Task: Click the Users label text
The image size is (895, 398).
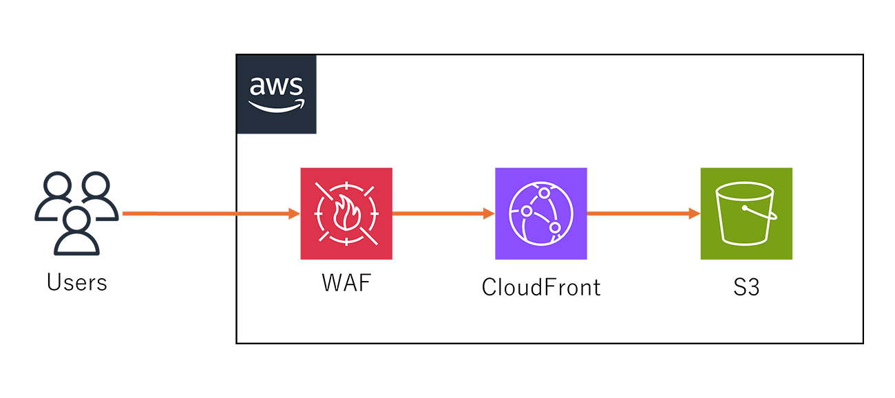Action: click(77, 282)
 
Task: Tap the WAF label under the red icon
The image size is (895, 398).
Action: click(346, 284)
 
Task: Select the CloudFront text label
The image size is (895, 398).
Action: click(541, 286)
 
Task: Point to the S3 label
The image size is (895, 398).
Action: click(746, 286)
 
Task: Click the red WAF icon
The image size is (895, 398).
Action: click(346, 213)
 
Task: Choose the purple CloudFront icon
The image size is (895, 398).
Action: click(541, 213)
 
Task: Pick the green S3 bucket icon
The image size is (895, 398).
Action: click(746, 213)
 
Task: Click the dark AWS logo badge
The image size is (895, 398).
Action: click(276, 94)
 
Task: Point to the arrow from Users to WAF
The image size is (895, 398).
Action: click(207, 213)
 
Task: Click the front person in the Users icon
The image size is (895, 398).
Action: click(76, 231)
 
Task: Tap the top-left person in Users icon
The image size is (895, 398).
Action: click(56, 196)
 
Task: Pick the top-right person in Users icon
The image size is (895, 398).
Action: click(96, 196)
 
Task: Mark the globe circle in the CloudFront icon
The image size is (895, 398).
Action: click(541, 213)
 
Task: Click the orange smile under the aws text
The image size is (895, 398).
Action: click(276, 106)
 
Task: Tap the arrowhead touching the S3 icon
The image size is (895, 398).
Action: click(694, 213)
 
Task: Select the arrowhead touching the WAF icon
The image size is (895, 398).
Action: click(294, 213)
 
